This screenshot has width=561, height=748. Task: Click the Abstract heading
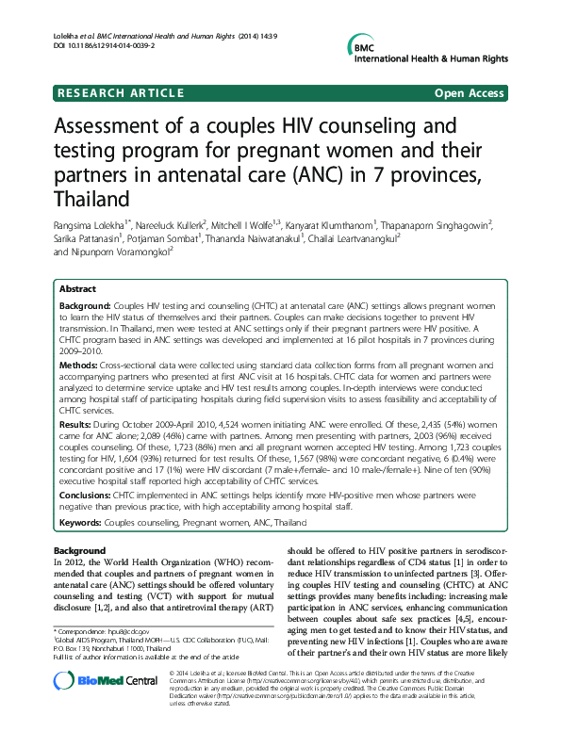click(77, 289)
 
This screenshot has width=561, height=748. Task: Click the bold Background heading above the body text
click(79, 550)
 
